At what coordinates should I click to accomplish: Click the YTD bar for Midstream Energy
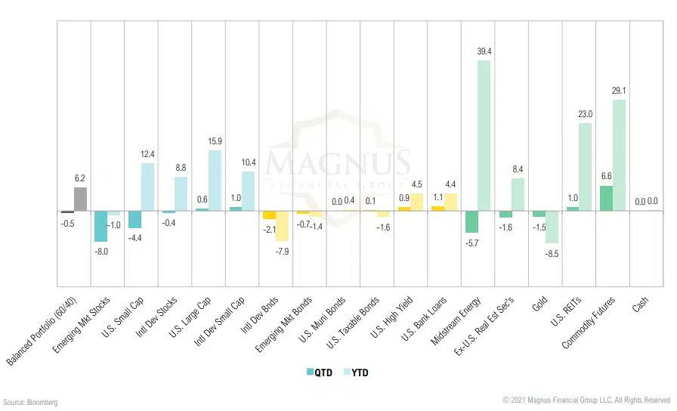[484, 135]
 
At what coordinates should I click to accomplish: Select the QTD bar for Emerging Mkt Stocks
[100, 226]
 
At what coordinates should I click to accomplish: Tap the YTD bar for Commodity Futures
[619, 155]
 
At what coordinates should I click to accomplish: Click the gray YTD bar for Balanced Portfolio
[80, 199]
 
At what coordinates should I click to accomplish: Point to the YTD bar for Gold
[551, 227]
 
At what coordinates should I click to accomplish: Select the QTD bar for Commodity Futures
[606, 198]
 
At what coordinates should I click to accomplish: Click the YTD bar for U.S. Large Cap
[214, 180]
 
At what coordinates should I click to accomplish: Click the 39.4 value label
[484, 51]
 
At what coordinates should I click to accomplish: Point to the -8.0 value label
[101, 251]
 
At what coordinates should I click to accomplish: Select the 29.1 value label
[619, 91]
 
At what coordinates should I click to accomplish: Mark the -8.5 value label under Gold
[552, 253]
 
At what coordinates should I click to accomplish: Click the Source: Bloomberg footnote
[30, 402]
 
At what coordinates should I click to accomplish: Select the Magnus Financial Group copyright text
[586, 400]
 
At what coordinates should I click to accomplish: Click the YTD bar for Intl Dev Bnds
[282, 226]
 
